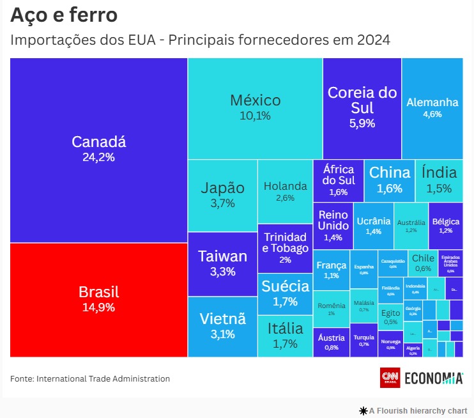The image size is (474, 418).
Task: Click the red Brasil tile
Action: coord(98,299)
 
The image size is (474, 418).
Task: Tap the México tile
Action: coord(255,107)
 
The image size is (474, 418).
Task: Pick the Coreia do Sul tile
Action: coord(362,107)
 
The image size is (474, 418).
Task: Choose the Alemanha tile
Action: coord(432,107)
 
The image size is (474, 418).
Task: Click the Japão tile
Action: coord(222,195)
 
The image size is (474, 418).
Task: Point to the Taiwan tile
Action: coord(222,263)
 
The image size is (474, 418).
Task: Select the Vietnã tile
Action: coord(222,325)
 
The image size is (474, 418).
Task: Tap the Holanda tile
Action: coord(285,191)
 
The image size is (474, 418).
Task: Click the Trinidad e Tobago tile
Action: coord(285,247)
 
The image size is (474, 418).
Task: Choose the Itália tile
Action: coord(285,335)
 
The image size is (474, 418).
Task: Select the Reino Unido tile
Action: coord(333,226)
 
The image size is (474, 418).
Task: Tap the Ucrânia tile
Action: coord(373,226)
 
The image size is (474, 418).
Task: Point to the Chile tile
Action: coord(422,262)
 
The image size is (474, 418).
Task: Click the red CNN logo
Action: coord(390,378)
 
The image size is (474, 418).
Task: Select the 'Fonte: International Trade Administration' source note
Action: coord(90,379)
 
